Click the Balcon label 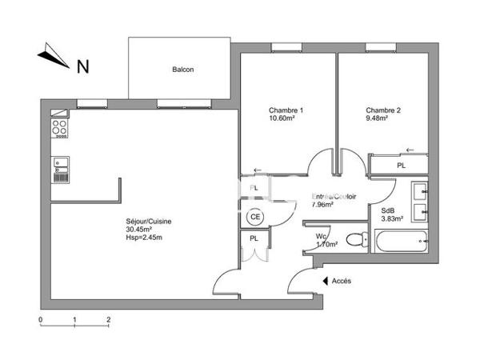183,70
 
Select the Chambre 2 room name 382,110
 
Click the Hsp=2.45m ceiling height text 144,238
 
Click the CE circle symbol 255,216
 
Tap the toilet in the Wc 356,238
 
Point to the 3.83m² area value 391,218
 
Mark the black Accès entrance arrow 326,281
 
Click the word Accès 342,281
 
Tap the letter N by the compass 82,67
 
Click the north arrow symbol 53,57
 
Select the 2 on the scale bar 109,318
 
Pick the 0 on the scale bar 41,318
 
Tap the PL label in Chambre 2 401,166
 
